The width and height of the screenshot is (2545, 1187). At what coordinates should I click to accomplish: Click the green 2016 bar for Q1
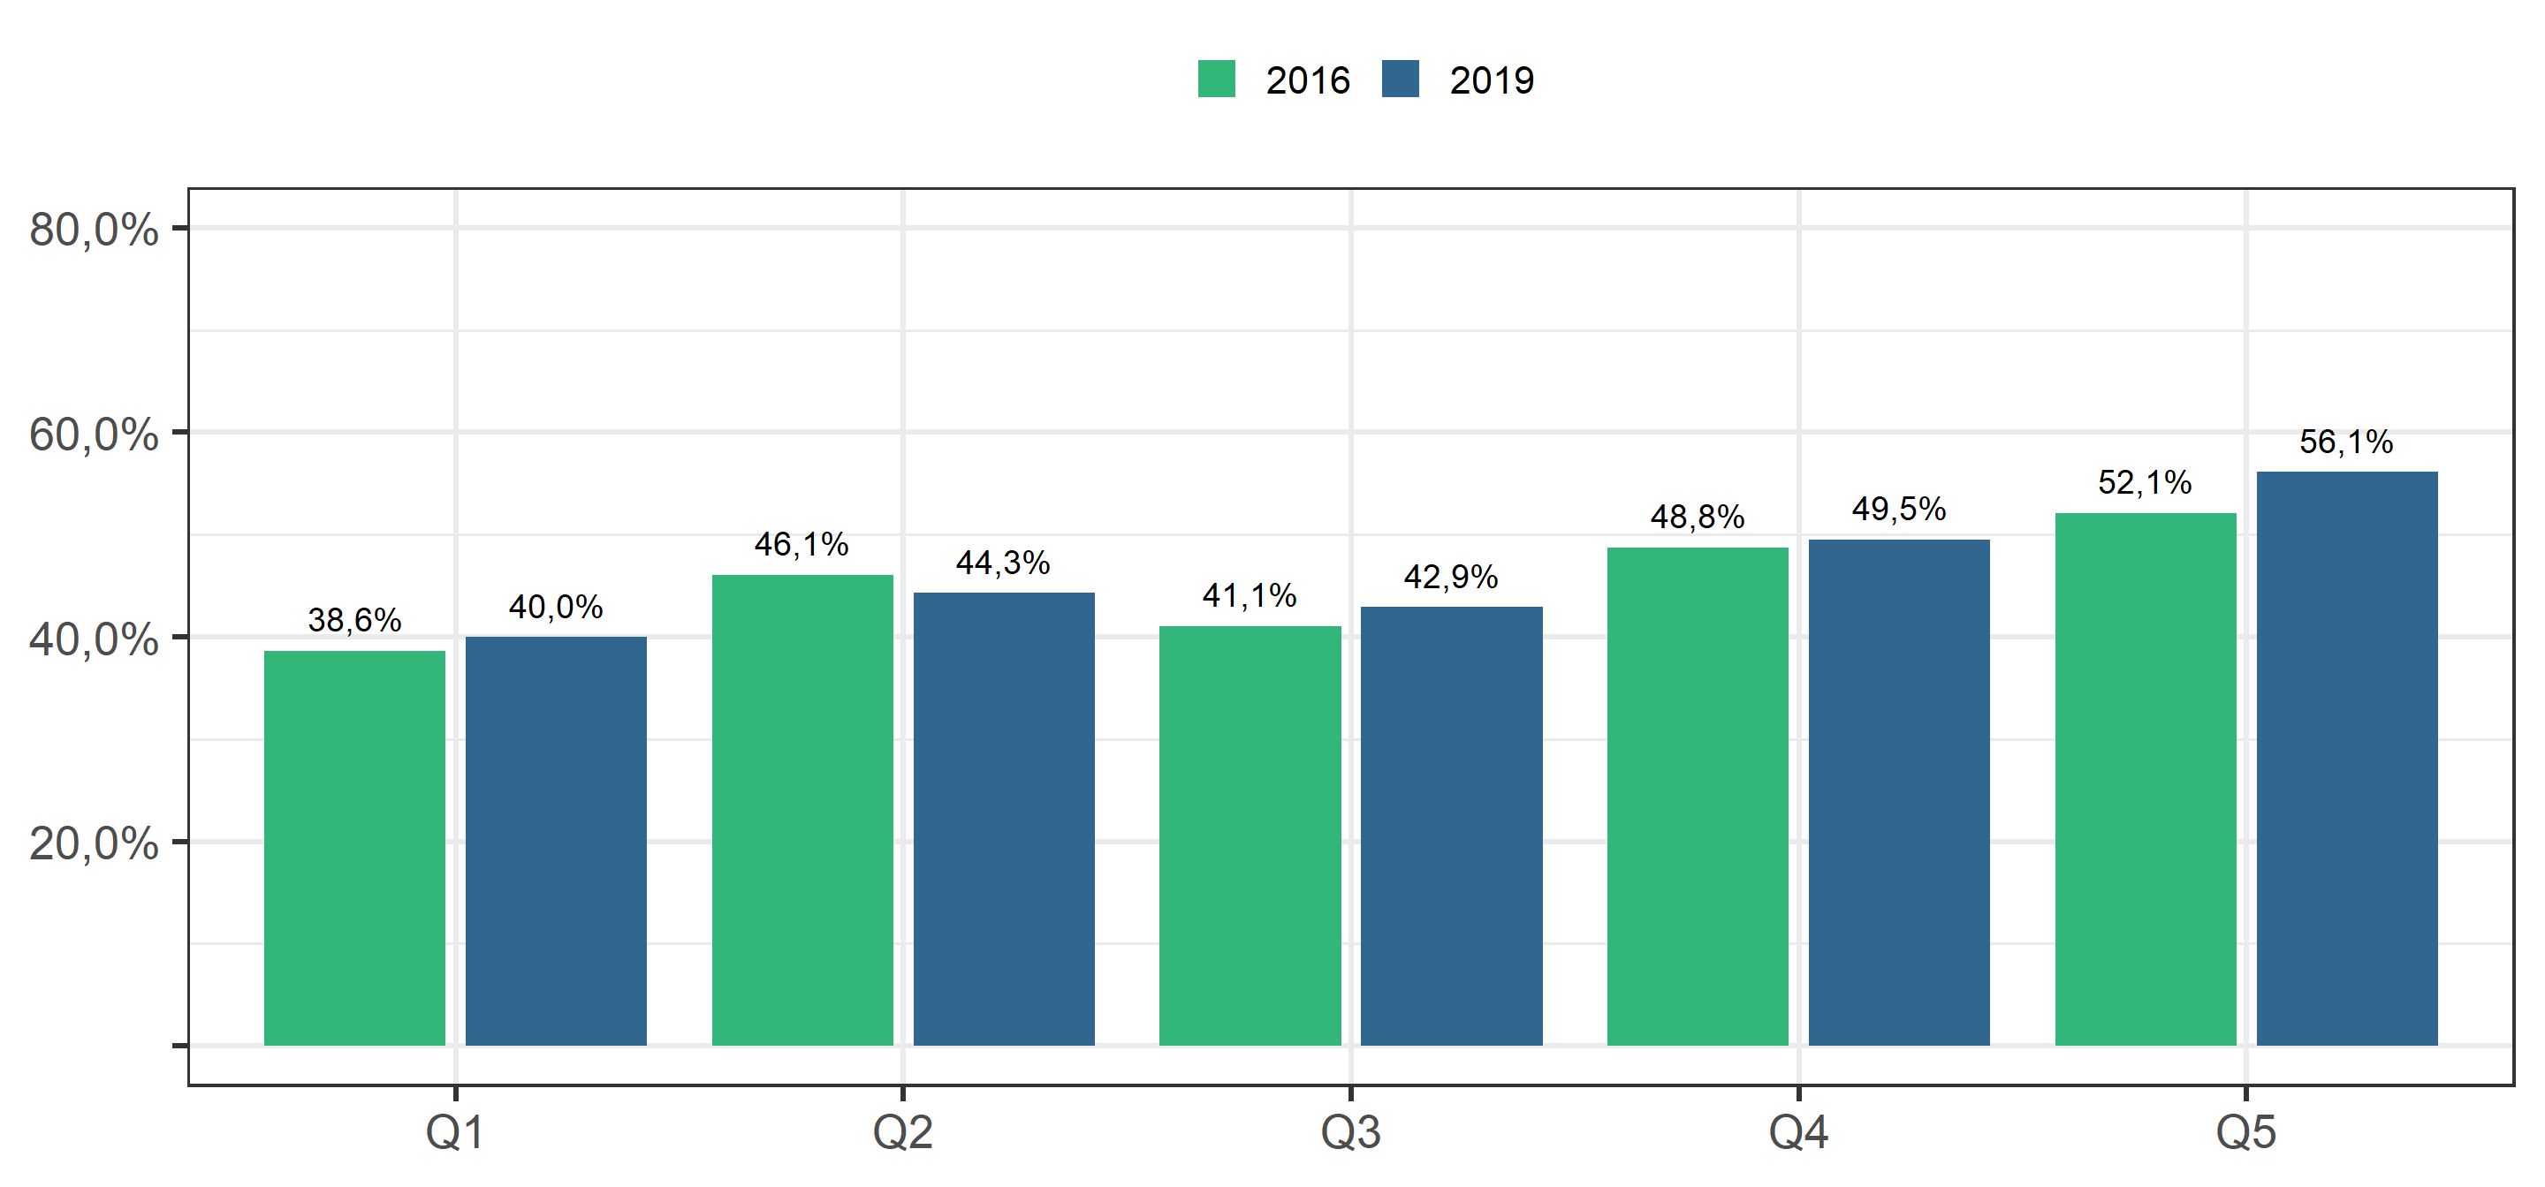click(354, 847)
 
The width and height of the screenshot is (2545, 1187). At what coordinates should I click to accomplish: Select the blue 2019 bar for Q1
click(556, 841)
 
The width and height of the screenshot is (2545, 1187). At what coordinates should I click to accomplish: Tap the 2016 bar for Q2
click(802, 810)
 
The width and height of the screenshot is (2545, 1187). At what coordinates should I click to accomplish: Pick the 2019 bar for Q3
click(1451, 826)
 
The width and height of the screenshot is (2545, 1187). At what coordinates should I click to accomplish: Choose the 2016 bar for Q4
click(1698, 796)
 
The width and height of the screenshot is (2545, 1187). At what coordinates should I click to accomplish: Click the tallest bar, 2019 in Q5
click(2347, 759)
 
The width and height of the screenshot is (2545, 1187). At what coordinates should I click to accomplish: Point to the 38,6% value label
click(354, 620)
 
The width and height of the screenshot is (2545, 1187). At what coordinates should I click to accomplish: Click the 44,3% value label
click(1003, 563)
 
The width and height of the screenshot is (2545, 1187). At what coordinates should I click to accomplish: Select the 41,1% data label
click(1250, 595)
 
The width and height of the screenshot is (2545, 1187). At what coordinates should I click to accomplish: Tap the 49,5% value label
click(1899, 509)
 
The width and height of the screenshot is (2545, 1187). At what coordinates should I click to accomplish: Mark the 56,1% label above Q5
click(2346, 442)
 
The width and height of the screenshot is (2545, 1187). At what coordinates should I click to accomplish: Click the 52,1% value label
click(2145, 482)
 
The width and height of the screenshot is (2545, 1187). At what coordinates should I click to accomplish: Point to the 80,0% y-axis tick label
click(94, 231)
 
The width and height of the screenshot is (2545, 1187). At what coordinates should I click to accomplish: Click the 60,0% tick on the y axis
click(94, 435)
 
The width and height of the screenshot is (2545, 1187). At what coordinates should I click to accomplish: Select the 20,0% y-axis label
click(94, 844)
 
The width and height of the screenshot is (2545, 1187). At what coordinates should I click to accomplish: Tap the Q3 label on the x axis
click(1350, 1131)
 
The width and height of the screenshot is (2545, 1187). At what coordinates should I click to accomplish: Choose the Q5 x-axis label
click(2245, 1131)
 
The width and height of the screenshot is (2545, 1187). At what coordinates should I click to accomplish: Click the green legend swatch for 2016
click(1216, 79)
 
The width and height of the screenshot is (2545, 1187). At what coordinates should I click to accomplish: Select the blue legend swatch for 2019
click(1400, 79)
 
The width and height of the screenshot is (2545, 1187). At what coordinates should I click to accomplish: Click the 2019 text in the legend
click(1492, 80)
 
